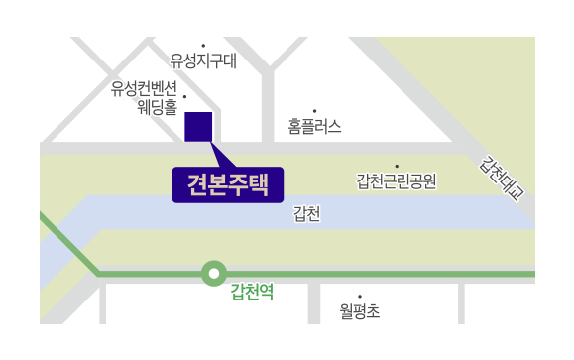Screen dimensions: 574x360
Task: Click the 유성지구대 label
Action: (203, 60)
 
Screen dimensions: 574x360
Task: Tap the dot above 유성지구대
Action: (203, 46)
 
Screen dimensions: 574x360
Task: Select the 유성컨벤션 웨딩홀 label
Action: (144, 98)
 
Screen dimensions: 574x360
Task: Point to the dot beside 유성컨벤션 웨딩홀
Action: (184, 97)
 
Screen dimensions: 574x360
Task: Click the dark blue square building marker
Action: (198, 127)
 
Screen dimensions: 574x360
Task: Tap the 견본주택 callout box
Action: (228, 184)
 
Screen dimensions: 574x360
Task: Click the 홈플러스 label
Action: (314, 126)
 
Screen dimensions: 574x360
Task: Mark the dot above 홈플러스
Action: (315, 111)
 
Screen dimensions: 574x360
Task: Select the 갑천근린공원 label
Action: (397, 180)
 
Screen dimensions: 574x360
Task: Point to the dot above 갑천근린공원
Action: (397, 167)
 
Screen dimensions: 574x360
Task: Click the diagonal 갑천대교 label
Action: (502, 179)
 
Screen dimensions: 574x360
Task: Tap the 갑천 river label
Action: (306, 214)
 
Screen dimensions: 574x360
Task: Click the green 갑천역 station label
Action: (252, 292)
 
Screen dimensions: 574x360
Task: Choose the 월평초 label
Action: (360, 311)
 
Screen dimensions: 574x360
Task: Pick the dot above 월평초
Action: (360, 297)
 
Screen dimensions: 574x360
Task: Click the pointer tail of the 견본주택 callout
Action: (221, 155)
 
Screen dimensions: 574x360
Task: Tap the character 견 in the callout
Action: (197, 184)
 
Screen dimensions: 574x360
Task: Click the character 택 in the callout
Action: (259, 184)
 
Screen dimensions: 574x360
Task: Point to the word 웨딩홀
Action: (158, 107)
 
